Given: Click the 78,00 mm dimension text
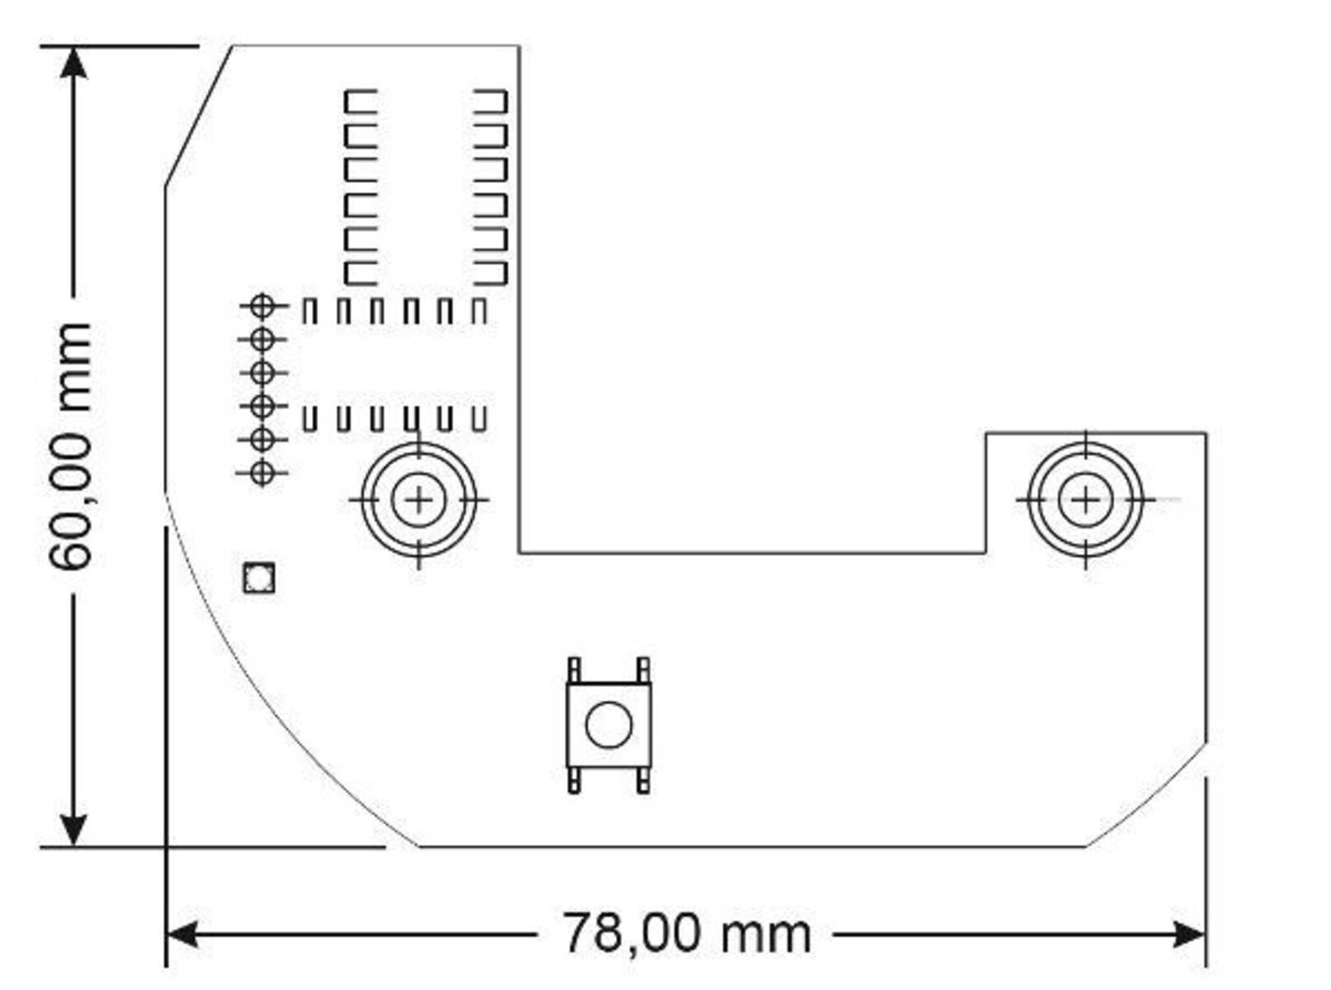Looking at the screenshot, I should pyautogui.click(x=686, y=934).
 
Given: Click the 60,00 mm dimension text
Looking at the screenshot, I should pyautogui.click(x=70, y=446).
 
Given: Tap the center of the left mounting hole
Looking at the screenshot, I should pyautogui.click(x=419, y=500).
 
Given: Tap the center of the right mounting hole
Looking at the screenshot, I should pyautogui.click(x=1085, y=500).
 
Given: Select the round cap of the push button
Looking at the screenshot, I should pyautogui.click(x=609, y=725).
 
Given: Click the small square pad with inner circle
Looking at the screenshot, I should pyautogui.click(x=259, y=577).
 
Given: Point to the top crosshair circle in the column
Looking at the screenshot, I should pyautogui.click(x=262, y=306).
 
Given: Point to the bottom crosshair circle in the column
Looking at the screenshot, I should pyautogui.click(x=262, y=473).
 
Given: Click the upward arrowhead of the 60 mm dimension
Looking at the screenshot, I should pyautogui.click(x=73, y=63).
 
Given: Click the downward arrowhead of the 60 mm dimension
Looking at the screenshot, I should pyautogui.click(x=73, y=829).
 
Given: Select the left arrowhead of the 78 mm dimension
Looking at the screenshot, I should pyautogui.click(x=181, y=935).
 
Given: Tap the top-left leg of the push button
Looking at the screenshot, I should pyautogui.click(x=574, y=670).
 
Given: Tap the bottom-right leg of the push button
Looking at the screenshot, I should pyautogui.click(x=643, y=780).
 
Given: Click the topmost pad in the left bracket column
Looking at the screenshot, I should pyautogui.click(x=360, y=101).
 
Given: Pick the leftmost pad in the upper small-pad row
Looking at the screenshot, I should pyautogui.click(x=309, y=312).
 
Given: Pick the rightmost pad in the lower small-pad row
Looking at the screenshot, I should pyautogui.click(x=479, y=419).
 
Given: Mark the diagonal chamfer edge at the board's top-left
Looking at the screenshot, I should pyautogui.click(x=198, y=115).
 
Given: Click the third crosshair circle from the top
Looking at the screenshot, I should pyautogui.click(x=262, y=373).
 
